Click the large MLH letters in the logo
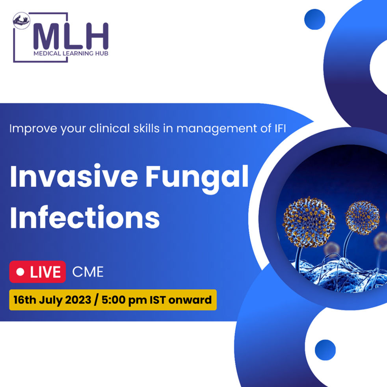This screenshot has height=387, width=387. pyautogui.click(x=71, y=36)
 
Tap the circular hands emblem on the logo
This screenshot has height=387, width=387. pyautogui.click(x=21, y=21)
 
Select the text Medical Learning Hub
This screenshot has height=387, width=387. pyautogui.click(x=71, y=53)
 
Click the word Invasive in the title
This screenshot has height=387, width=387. pyautogui.click(x=74, y=176)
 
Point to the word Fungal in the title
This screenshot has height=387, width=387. pyautogui.click(x=197, y=179)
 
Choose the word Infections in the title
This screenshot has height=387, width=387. pyautogui.click(x=85, y=217)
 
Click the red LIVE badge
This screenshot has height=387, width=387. pyautogui.click(x=37, y=272)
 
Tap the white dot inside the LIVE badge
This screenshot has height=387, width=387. pyautogui.click(x=20, y=272)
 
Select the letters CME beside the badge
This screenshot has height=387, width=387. pyautogui.click(x=88, y=272)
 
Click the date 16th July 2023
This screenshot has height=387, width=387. pyautogui.click(x=52, y=300)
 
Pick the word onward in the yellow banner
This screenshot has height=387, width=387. pyautogui.click(x=190, y=300)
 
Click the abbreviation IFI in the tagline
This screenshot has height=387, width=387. pyautogui.click(x=280, y=128)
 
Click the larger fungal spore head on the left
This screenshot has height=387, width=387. pyautogui.click(x=309, y=222)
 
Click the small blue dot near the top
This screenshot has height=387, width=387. pyautogui.click(x=315, y=19)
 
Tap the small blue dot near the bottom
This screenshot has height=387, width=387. pyautogui.click(x=325, y=350)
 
